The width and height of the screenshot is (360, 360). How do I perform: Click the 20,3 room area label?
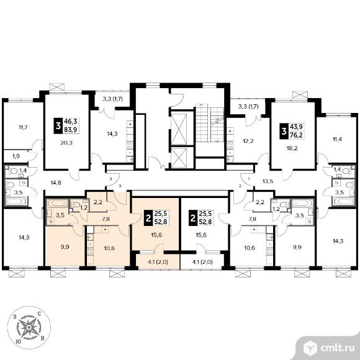click(66, 143)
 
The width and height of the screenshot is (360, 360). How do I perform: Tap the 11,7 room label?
click(23, 127)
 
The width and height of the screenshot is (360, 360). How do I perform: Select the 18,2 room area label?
click(292, 148)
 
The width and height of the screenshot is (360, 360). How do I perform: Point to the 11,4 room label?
click(337, 139)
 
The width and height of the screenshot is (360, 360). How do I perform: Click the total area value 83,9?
click(71, 130)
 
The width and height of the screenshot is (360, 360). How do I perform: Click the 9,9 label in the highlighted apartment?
click(65, 247)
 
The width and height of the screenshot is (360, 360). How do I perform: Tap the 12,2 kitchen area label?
click(248, 141)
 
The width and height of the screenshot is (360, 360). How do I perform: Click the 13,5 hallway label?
click(268, 181)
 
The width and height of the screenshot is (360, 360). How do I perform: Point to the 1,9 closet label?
click(16, 156)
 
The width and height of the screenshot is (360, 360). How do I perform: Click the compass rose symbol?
click(29, 327)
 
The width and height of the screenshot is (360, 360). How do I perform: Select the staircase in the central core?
click(209, 124)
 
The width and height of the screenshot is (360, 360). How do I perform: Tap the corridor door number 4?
click(111, 178)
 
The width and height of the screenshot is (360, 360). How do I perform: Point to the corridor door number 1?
click(249, 178)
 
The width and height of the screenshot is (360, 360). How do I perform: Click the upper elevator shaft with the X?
click(179, 129)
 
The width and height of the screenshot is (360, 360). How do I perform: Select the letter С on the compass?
click(39, 313)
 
